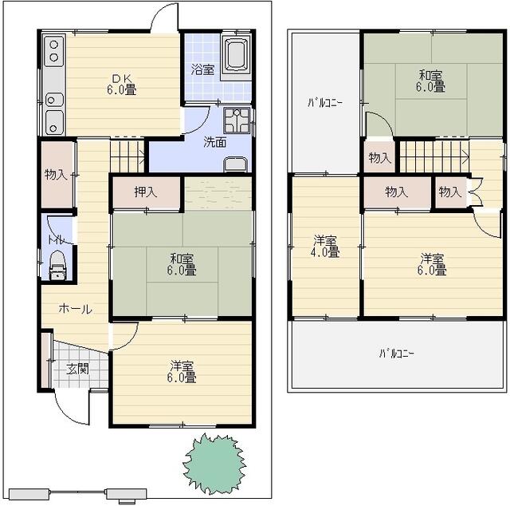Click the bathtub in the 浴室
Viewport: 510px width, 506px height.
coord(236,54)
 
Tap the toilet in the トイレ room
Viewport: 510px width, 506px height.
coord(58,265)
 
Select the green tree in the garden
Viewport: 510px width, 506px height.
coord(214,464)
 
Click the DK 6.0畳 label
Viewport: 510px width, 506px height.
coord(122,84)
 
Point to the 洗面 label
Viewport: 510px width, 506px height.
coord(214,142)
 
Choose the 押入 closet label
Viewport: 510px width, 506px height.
coord(146,192)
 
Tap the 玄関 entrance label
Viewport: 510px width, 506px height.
coord(77,369)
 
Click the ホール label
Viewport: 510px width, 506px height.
coord(76,308)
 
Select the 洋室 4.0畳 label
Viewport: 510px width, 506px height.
coord(325,247)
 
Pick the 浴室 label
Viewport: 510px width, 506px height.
coord(202,69)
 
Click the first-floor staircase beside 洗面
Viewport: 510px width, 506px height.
coord(127,156)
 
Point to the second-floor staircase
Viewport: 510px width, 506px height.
coord(434,156)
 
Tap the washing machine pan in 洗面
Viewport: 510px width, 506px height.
coord(237,121)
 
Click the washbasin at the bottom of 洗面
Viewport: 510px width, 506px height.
coord(236,164)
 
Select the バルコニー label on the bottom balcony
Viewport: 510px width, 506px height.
coord(396,354)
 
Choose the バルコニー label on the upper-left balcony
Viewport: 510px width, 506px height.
coord(325,103)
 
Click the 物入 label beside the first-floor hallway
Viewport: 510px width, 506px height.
coord(56,175)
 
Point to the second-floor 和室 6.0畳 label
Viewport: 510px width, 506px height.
coord(430,81)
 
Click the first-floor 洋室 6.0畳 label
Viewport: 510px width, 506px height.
coord(182,372)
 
